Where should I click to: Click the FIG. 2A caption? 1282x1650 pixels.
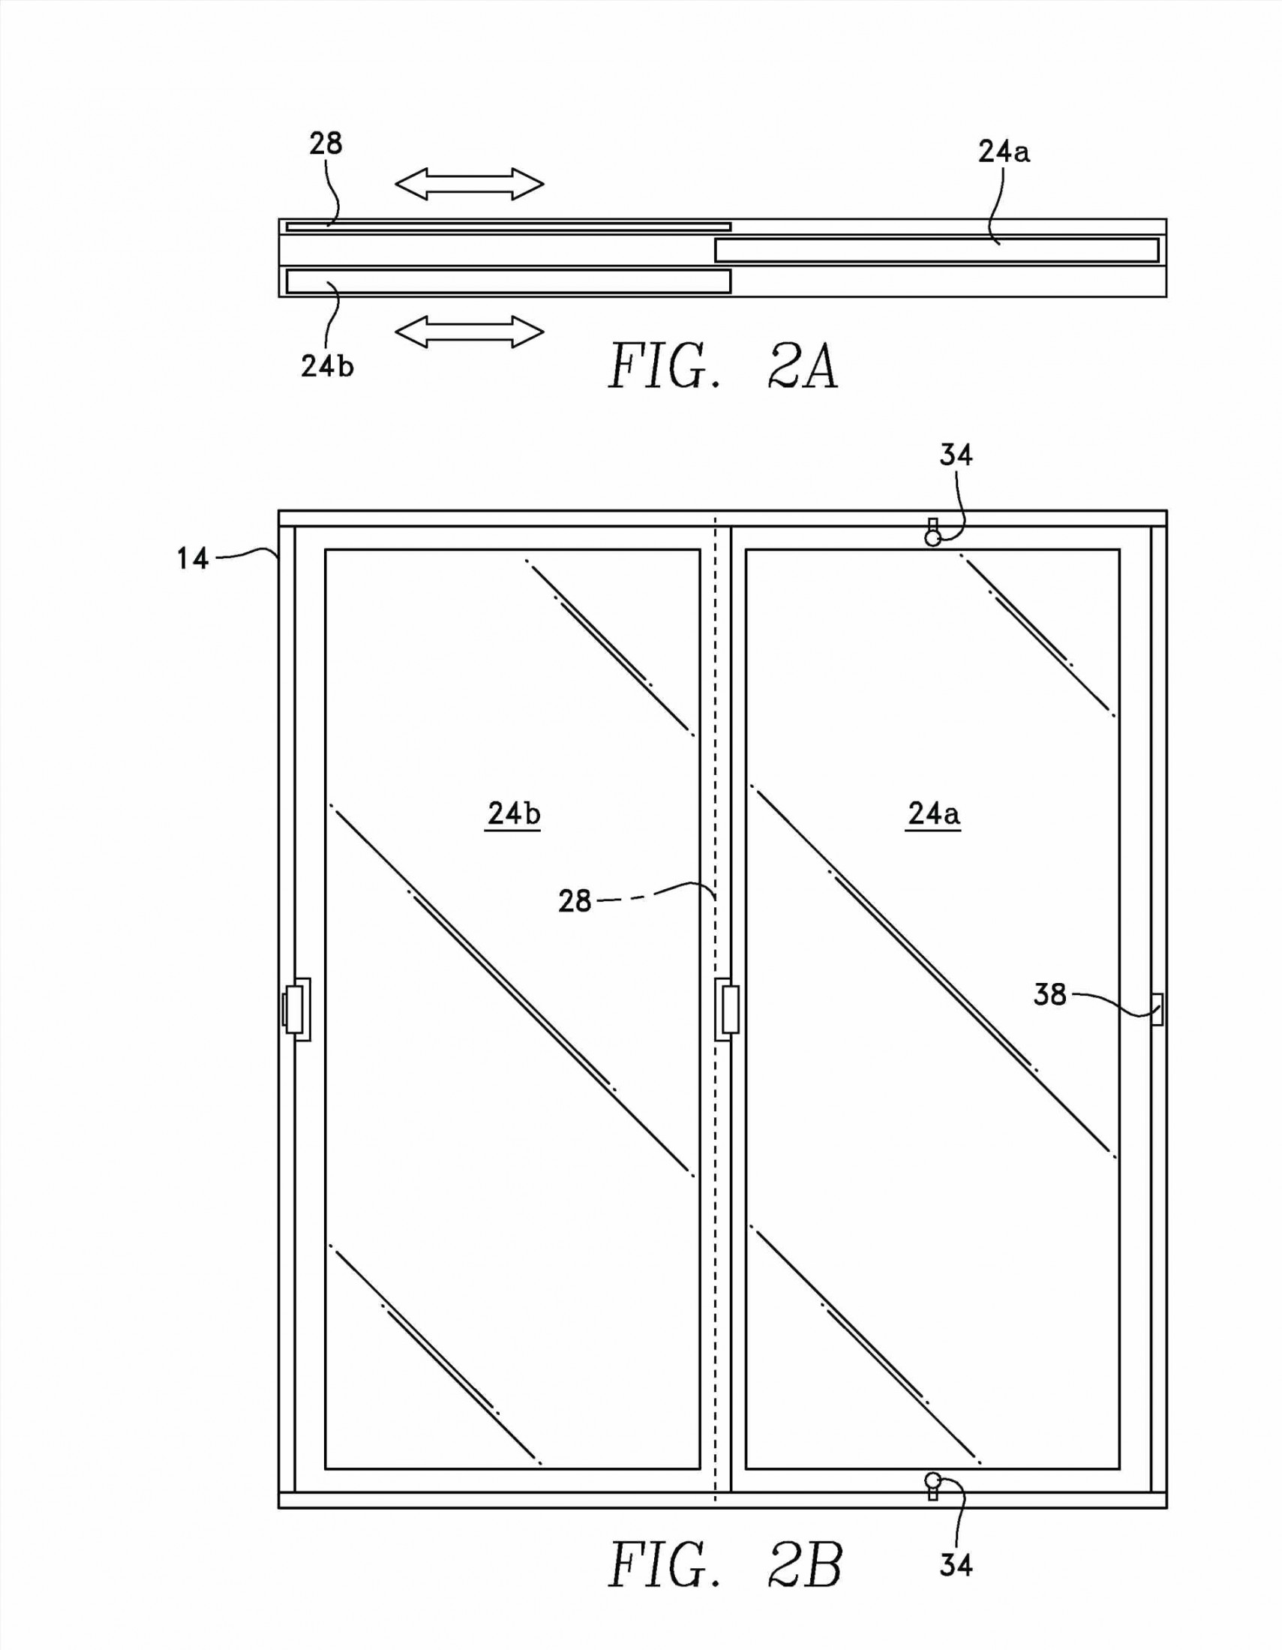(x=723, y=366)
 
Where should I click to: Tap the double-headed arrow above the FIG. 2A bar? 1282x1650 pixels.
(x=469, y=184)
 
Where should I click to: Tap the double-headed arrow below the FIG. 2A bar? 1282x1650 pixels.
(x=469, y=332)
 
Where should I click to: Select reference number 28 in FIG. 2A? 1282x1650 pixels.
(x=326, y=143)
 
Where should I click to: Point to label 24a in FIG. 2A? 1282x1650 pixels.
(x=1003, y=152)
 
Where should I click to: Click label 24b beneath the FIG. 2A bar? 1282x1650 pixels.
(x=327, y=366)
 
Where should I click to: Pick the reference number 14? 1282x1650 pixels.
(x=193, y=558)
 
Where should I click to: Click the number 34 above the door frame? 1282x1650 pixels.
(x=956, y=454)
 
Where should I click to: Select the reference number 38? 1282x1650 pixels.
(x=1050, y=995)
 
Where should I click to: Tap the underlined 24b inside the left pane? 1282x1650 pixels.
(x=514, y=813)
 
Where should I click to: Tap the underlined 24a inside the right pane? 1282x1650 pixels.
(x=934, y=813)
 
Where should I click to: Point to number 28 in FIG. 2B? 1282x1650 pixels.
(x=574, y=900)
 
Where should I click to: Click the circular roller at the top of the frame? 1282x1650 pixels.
(x=933, y=537)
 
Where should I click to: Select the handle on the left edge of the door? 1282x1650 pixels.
(x=297, y=1009)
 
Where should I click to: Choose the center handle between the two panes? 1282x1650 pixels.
(x=727, y=1009)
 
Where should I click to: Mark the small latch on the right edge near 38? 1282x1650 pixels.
(x=1157, y=1009)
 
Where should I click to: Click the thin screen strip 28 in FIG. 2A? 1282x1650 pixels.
(x=508, y=226)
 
